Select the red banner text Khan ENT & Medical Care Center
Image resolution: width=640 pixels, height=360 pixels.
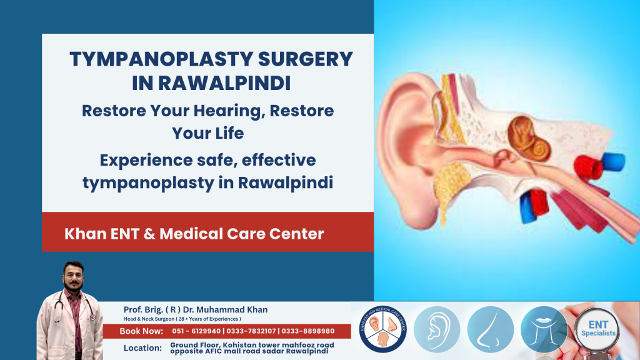pyautogui.click(x=194, y=234)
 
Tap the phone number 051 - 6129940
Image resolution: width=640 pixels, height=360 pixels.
pyautogui.click(x=199, y=331)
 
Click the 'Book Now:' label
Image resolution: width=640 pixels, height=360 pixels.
pyautogui.click(x=141, y=331)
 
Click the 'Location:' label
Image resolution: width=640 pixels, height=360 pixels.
pyautogui.click(x=143, y=348)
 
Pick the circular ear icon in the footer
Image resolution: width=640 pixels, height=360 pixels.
pyautogui.click(x=437, y=329)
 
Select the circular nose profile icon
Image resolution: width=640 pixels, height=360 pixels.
pyautogui.click(x=490, y=329)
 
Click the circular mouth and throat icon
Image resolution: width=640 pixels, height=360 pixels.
pyautogui.click(x=543, y=329)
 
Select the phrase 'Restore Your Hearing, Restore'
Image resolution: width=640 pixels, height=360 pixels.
pyautogui.click(x=207, y=112)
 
